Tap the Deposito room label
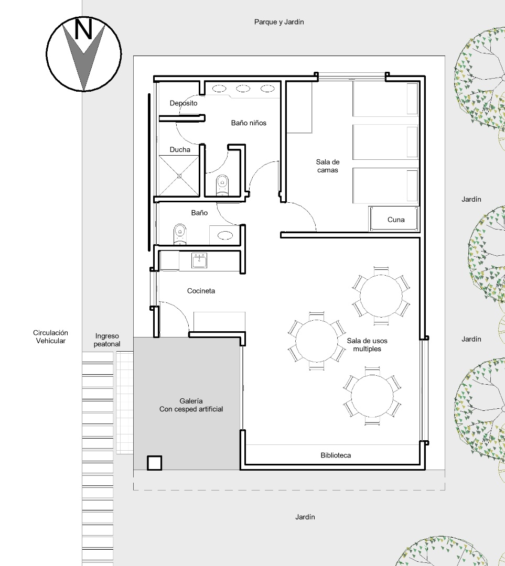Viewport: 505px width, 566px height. pyautogui.click(x=184, y=103)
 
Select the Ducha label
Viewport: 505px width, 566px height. pyautogui.click(x=180, y=150)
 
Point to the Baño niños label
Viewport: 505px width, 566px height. pyautogui.click(x=249, y=123)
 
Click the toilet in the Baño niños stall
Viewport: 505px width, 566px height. pyautogui.click(x=222, y=184)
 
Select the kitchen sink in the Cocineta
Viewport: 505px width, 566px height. pyautogui.click(x=199, y=260)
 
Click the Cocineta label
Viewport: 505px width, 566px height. pyautogui.click(x=201, y=291)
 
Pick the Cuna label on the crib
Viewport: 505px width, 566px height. pyautogui.click(x=396, y=220)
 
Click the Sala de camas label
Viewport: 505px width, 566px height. pyautogui.click(x=327, y=166)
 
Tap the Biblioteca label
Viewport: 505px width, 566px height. pyautogui.click(x=336, y=455)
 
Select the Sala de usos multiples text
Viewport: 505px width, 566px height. pyautogui.click(x=367, y=345)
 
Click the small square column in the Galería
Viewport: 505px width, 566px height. pyautogui.click(x=154, y=463)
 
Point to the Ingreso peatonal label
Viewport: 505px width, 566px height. pyautogui.click(x=108, y=340)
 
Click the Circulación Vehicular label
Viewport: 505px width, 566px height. pyautogui.click(x=50, y=337)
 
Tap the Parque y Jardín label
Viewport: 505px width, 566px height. pyautogui.click(x=279, y=22)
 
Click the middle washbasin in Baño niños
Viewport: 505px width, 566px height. pyautogui.click(x=243, y=89)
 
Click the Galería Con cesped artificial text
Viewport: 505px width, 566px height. pyautogui.click(x=191, y=405)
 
